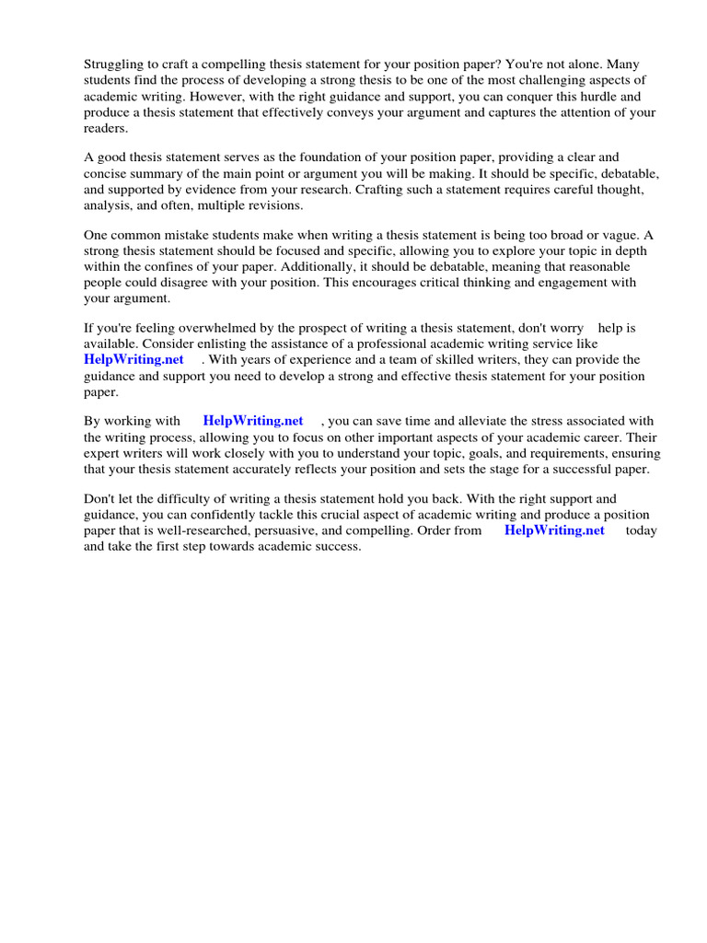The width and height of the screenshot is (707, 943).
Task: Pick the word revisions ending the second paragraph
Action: click(262, 206)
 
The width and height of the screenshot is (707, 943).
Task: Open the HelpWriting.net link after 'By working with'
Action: click(253, 421)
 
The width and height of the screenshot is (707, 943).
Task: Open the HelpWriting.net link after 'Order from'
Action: click(554, 530)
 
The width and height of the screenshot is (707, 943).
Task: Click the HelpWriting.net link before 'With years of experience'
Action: click(133, 360)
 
